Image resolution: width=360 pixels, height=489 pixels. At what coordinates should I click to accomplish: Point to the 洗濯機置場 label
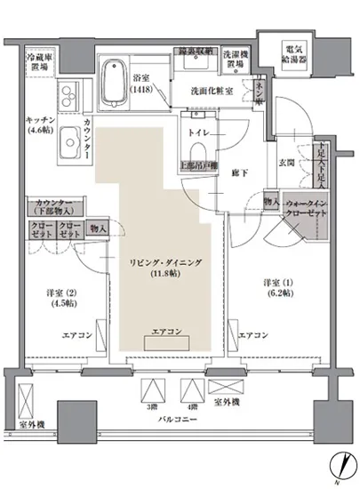point(234,60)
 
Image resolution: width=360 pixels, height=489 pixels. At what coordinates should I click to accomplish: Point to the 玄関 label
point(287,163)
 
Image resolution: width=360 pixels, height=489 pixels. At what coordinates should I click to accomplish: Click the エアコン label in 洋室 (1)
point(254,335)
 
